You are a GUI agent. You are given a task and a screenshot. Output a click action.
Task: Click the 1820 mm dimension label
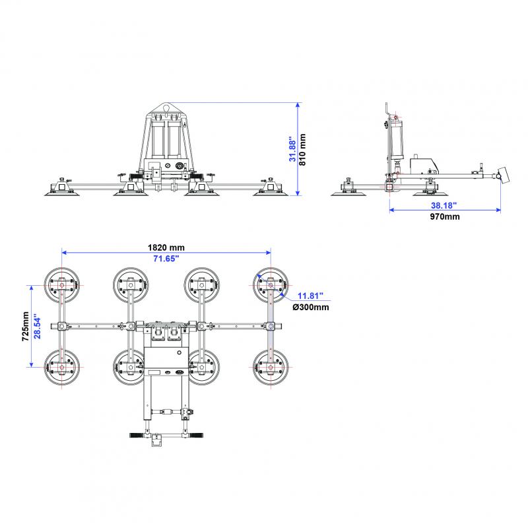pyautogui.click(x=166, y=247)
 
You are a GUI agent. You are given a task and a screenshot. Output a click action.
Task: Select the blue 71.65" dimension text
pyautogui.click(x=166, y=258)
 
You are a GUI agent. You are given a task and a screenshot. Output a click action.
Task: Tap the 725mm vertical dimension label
pyautogui.click(x=24, y=326)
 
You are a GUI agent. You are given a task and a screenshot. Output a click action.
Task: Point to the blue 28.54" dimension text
pyautogui.click(x=38, y=326)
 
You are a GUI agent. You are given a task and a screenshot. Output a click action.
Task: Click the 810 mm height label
pyautogui.click(x=304, y=149)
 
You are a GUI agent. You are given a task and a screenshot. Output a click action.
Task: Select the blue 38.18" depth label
pyautogui.click(x=445, y=205)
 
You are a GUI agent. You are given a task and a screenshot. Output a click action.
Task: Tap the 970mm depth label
pyautogui.click(x=445, y=216)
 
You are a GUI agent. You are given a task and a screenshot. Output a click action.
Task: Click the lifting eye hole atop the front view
pyautogui.click(x=166, y=107)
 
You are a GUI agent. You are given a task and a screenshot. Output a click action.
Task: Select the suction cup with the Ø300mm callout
pyautogui.click(x=271, y=284)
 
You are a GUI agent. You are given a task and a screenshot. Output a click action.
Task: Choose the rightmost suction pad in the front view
pyautogui.click(x=269, y=190)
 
